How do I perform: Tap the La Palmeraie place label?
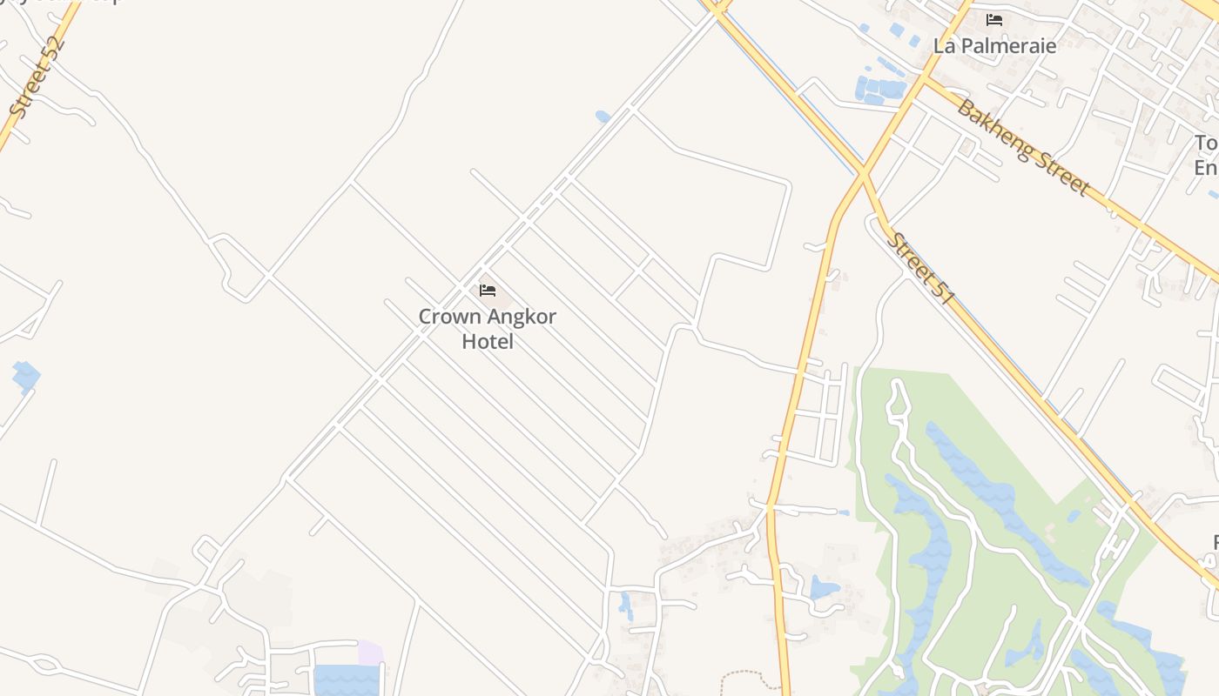994,45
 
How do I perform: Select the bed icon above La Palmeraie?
994,19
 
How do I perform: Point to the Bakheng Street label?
1023,147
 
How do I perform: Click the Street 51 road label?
921,268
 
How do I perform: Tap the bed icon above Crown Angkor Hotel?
488,290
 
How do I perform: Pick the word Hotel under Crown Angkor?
488,341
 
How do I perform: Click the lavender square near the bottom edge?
371,652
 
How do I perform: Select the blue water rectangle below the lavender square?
346,680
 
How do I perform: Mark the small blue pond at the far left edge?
26,376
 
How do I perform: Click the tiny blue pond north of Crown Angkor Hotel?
603,116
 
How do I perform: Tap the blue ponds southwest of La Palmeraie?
880,87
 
